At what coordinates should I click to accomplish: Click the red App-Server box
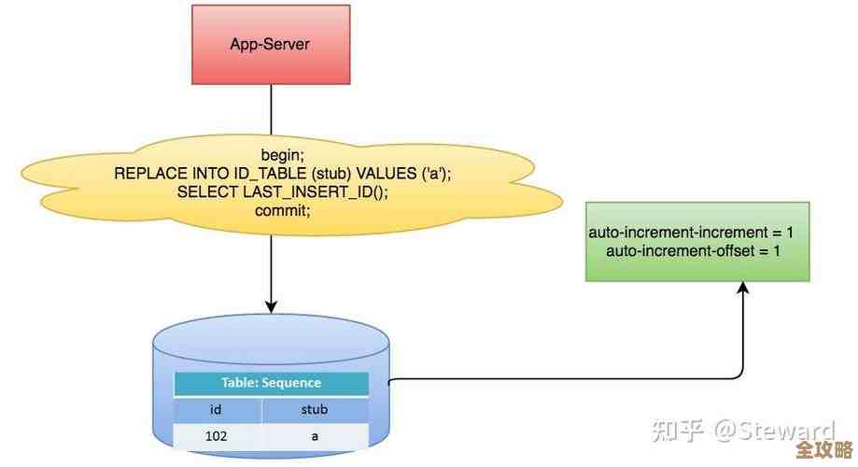point(270,43)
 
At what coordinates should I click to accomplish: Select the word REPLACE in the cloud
point(146,173)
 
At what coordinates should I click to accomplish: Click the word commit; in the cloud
point(282,210)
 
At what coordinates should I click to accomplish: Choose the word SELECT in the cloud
point(208,191)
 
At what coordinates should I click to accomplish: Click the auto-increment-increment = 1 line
point(691,232)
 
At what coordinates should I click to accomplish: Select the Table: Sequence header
point(271,383)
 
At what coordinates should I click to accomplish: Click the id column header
point(218,409)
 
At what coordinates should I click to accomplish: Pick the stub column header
point(314,409)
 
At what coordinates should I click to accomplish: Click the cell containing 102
point(218,435)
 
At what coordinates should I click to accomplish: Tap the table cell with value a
point(314,435)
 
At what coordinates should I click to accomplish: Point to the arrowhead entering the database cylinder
point(272,305)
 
